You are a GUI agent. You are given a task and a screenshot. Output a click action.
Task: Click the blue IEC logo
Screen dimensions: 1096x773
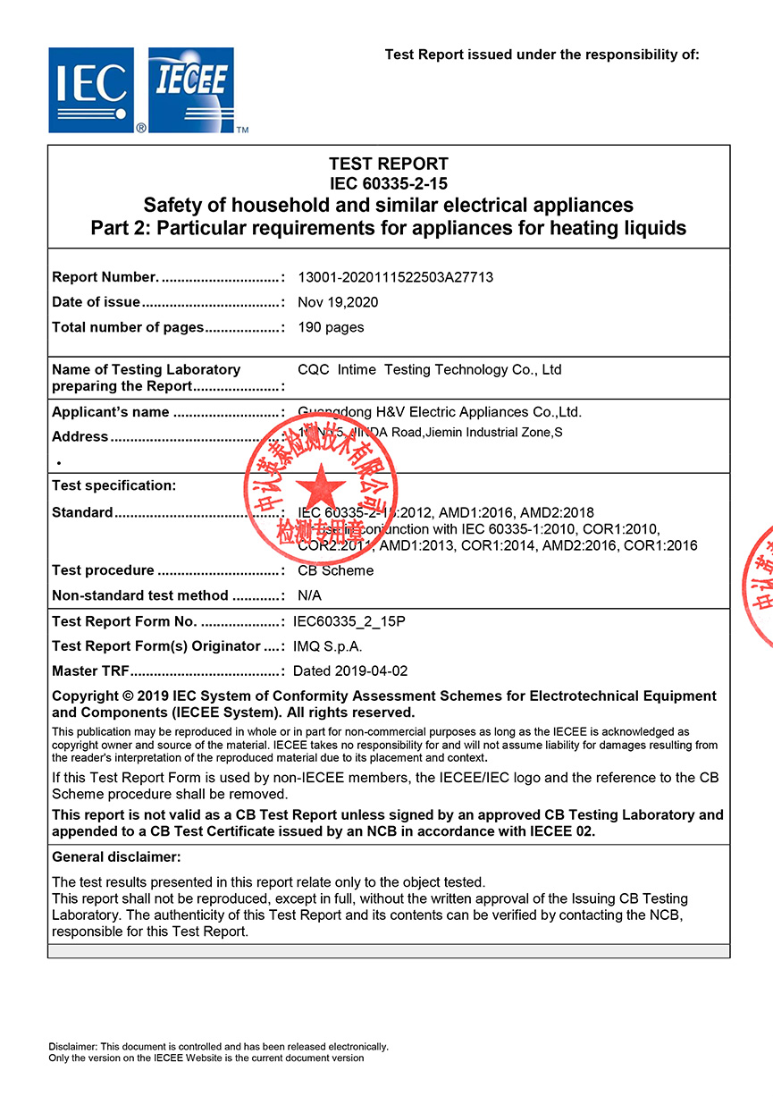point(92,89)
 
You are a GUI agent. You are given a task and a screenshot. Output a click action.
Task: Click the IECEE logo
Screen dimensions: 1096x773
point(191,89)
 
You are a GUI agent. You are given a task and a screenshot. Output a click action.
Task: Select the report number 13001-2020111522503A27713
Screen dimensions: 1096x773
point(395,277)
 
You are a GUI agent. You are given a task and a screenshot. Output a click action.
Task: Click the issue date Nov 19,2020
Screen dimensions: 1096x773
point(338,302)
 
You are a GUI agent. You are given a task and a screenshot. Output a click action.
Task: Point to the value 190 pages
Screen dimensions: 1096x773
point(331,327)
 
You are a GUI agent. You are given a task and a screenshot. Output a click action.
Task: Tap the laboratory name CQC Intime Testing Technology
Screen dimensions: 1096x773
point(429,369)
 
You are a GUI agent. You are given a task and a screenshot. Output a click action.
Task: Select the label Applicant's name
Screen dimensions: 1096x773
point(111,412)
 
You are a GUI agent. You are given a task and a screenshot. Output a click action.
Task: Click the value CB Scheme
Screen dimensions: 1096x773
point(335,570)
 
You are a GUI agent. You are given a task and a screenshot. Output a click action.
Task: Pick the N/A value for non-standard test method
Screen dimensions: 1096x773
point(309,595)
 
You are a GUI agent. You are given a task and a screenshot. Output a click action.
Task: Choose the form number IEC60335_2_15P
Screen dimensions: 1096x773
point(349,621)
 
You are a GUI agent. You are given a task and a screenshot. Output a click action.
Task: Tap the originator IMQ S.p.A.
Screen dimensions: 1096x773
point(328,646)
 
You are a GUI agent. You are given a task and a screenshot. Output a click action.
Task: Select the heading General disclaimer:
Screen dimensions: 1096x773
point(116,857)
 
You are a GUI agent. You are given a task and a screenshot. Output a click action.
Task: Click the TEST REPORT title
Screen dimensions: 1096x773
point(388,164)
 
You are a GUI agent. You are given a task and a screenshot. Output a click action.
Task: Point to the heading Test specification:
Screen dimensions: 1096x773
point(114,485)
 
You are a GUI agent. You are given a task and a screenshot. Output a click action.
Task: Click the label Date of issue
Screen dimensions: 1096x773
point(96,302)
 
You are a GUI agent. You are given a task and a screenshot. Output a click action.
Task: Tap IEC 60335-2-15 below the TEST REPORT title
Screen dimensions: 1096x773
point(388,184)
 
